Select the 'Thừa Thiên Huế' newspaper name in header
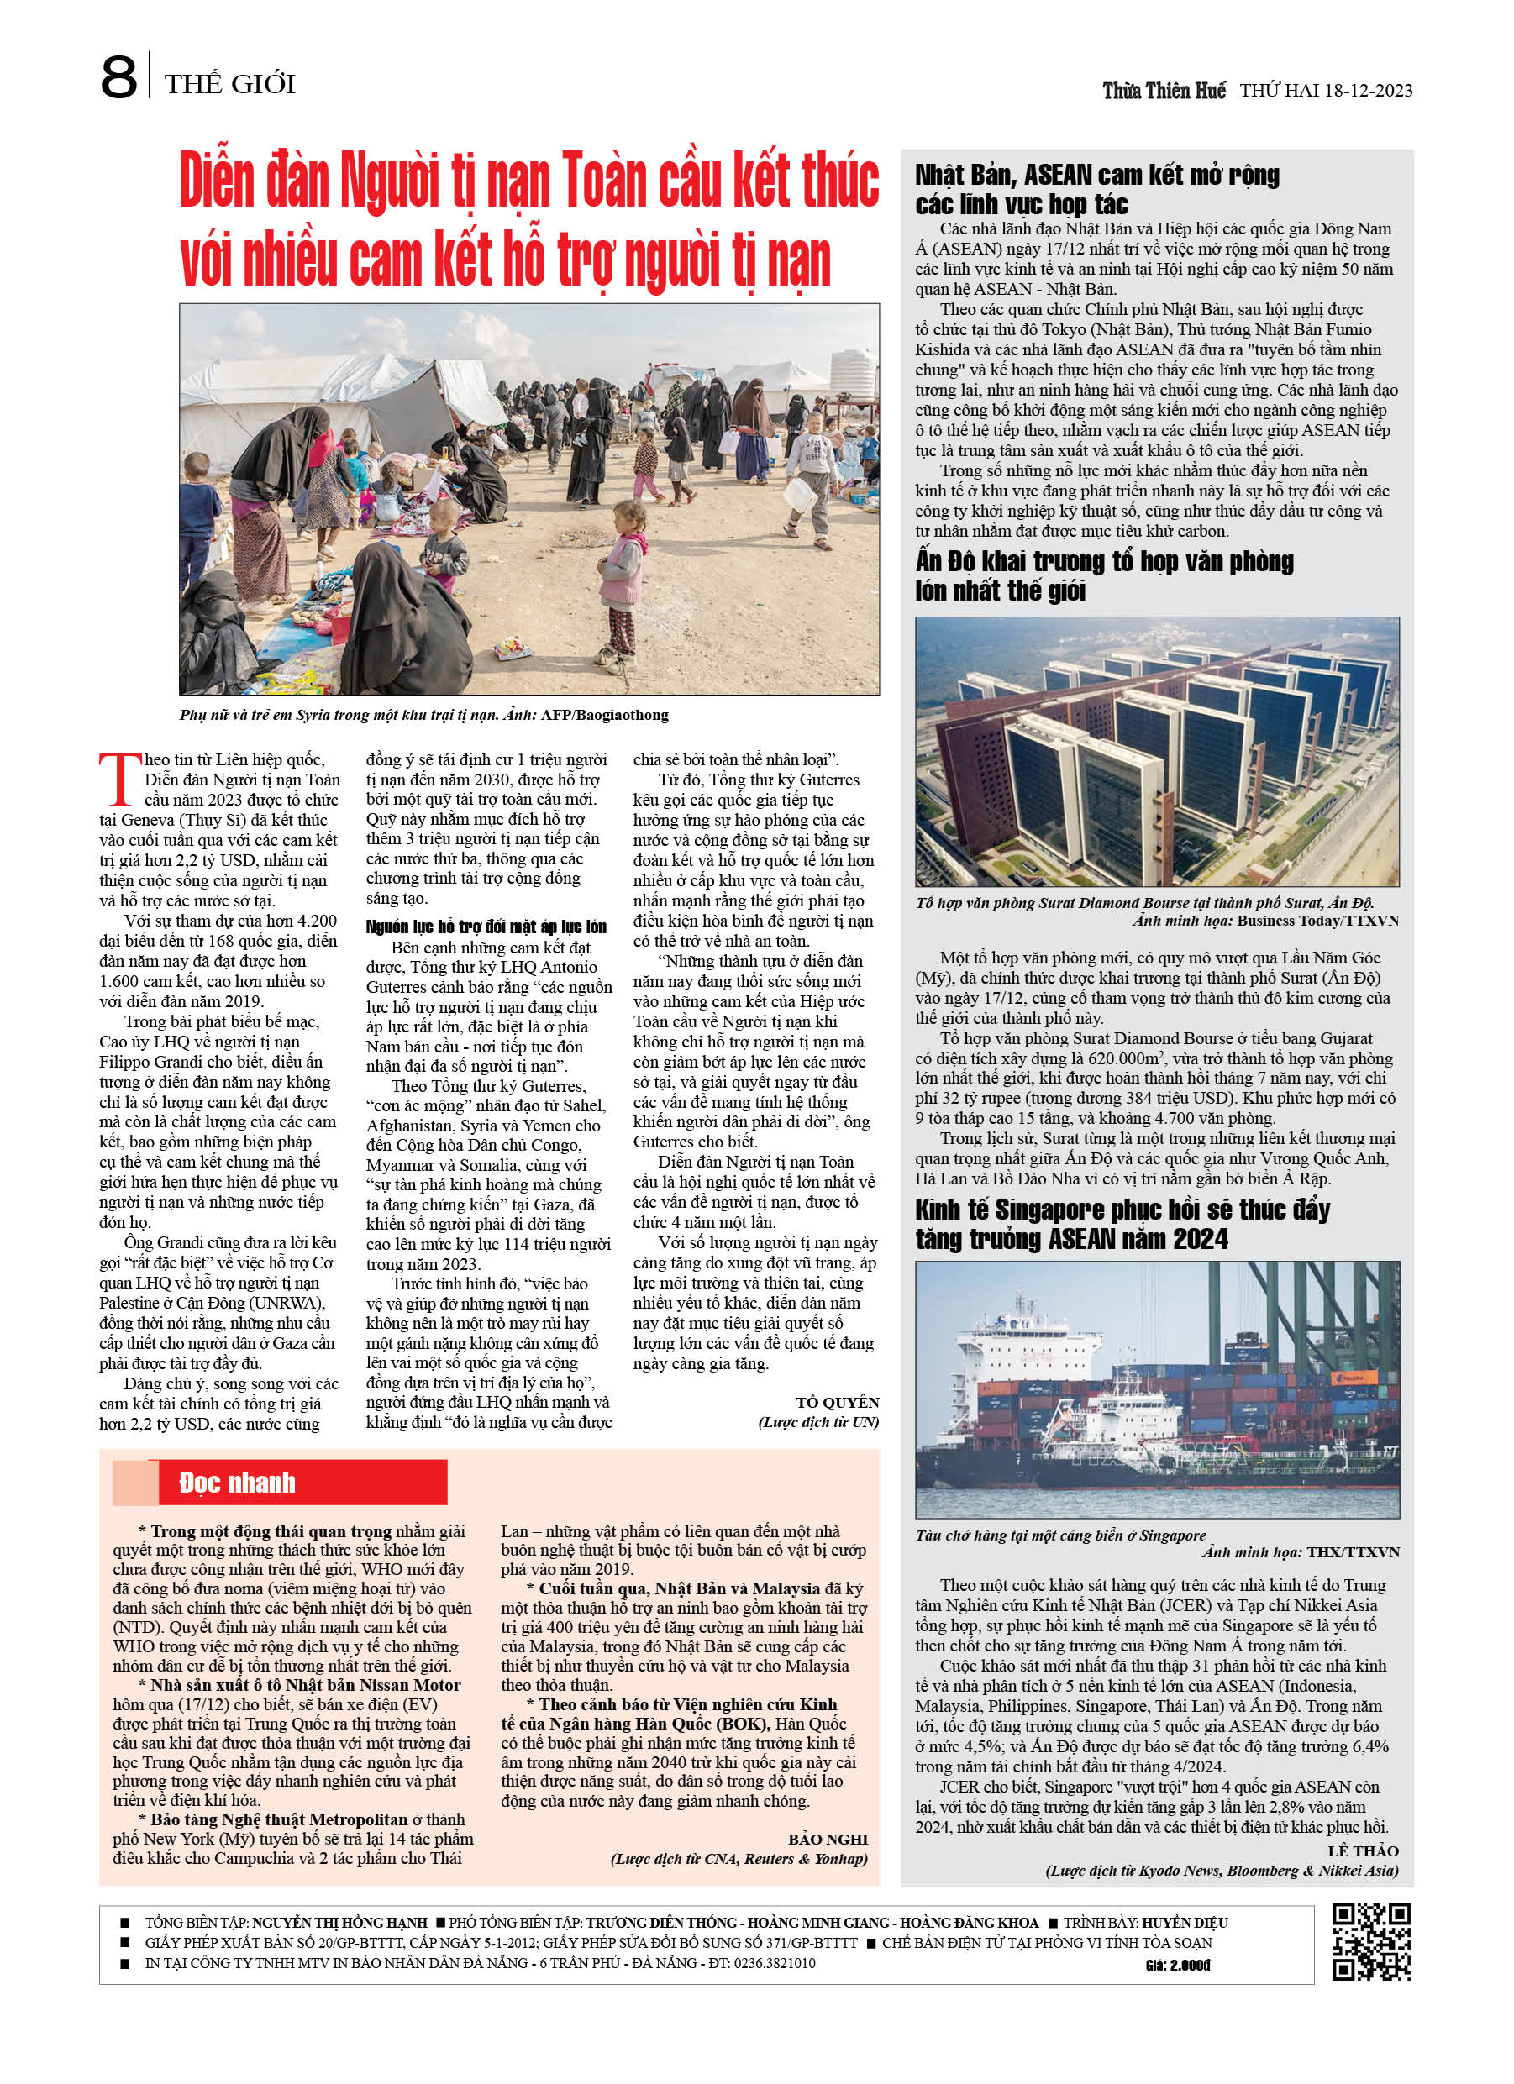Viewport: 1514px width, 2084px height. (1164, 91)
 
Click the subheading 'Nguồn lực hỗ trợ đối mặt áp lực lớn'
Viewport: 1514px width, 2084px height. (486, 927)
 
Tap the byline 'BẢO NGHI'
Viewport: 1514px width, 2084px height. (828, 1839)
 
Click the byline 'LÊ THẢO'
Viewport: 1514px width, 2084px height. (1362, 1850)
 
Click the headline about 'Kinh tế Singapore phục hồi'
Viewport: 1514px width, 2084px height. (1122, 1224)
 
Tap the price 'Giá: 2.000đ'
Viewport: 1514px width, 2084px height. (1178, 1966)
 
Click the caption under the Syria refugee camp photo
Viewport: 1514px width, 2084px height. (423, 715)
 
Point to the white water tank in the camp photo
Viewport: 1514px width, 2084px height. (854, 371)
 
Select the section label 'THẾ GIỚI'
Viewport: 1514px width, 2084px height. (230, 85)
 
